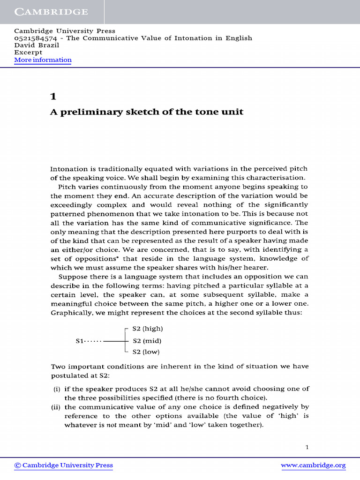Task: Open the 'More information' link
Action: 43,60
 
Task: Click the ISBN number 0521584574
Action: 37,38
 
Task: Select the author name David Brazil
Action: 34,45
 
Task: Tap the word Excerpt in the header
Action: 28,52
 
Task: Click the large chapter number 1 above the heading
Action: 53,97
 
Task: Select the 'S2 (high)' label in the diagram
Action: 148,329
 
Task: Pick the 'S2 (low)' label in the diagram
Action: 147,352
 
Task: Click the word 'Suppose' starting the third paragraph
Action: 72,277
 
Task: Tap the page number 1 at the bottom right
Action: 307,447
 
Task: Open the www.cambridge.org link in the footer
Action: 313,465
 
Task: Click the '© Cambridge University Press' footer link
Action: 64,465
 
